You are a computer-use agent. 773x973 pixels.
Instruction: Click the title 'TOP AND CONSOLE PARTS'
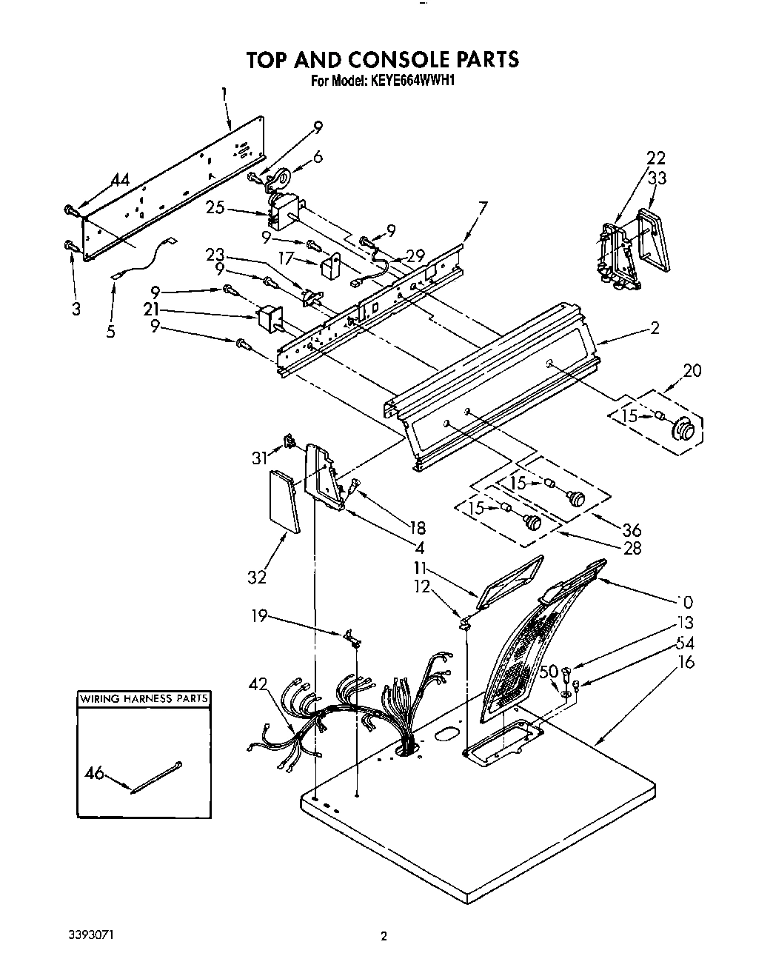383,60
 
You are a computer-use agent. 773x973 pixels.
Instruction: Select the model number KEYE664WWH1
410,81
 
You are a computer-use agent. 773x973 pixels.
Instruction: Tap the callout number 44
120,180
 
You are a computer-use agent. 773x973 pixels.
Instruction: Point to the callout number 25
215,208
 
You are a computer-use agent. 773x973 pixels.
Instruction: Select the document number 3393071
93,936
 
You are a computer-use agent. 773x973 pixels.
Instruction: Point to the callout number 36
632,530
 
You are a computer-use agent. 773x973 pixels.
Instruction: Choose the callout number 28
632,548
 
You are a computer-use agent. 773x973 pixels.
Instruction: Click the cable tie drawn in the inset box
155,778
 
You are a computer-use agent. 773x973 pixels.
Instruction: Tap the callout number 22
655,158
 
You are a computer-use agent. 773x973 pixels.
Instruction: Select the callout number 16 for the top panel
686,663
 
